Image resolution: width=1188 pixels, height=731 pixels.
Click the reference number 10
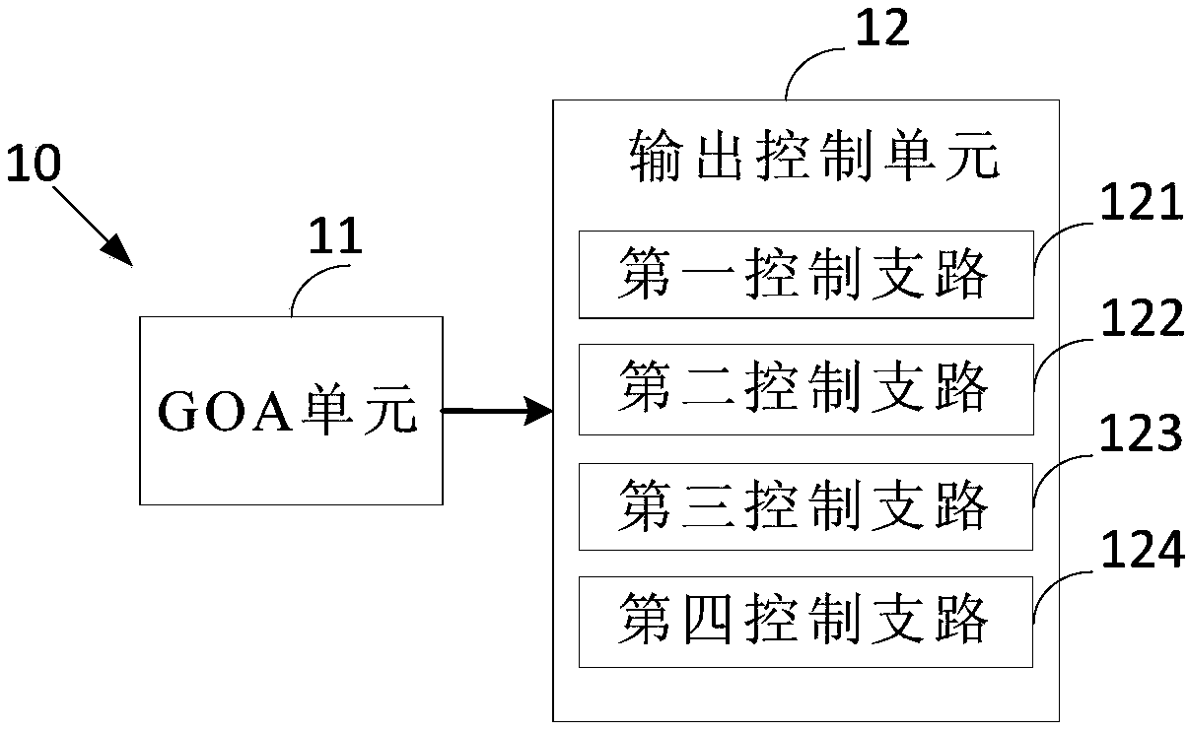pos(34,163)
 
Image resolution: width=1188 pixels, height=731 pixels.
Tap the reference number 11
pos(335,235)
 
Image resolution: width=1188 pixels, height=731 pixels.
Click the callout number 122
pos(1143,317)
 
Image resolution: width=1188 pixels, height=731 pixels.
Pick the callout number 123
pos(1142,432)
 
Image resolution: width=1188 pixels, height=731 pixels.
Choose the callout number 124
pos(1143,549)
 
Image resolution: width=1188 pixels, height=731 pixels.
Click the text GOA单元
pos(288,411)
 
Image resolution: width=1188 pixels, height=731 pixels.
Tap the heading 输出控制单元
pos(814,156)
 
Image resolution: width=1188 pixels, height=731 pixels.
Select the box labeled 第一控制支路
pos(806,275)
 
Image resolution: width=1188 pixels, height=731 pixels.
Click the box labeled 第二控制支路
pos(806,389)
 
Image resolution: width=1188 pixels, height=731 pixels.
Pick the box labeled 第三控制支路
pos(805,506)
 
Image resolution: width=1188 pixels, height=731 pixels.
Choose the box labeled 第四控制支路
pos(805,622)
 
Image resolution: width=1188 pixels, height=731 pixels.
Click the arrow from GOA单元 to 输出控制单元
pos(497,411)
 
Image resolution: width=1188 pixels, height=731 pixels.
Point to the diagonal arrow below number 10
pos(92,226)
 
